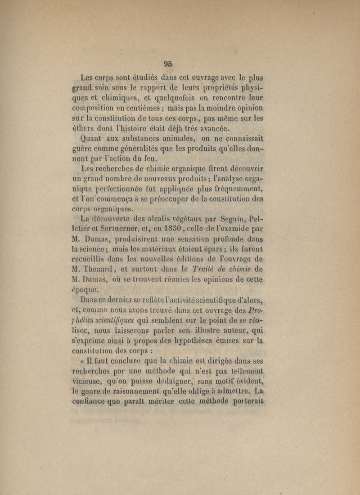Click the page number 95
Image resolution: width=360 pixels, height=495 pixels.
tap(169, 63)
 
